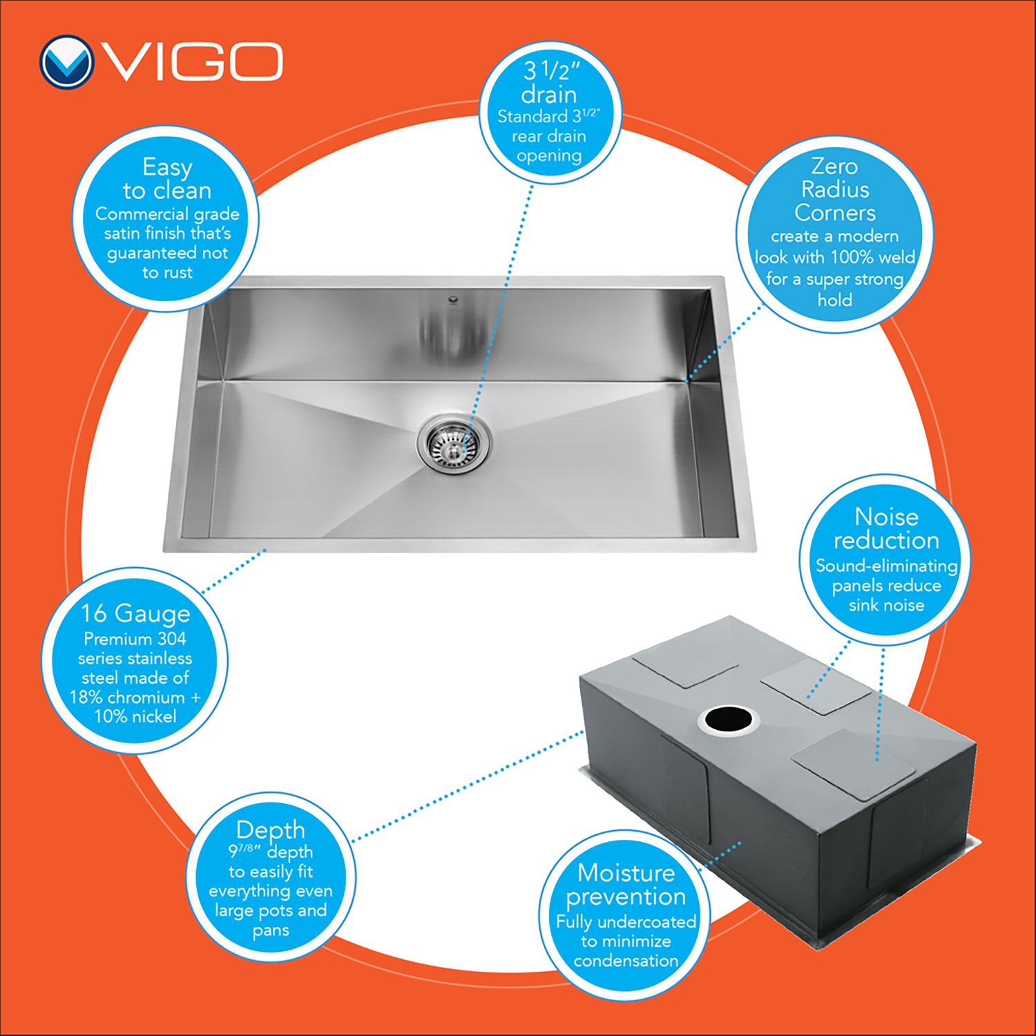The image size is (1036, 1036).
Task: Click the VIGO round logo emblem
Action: [66, 62]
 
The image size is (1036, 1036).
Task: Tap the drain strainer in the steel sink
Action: [454, 443]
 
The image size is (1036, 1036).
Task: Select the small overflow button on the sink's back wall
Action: [453, 300]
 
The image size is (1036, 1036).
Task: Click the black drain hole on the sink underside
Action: [728, 720]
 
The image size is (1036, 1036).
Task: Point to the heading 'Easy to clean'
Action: [167, 178]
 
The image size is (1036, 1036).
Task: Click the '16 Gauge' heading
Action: [135, 613]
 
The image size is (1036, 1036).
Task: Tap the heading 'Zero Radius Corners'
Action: [835, 189]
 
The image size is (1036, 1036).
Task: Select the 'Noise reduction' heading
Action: [887, 528]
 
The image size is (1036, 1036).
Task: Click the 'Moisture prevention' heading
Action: [626, 885]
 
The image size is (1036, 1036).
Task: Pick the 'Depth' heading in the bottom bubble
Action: [271, 829]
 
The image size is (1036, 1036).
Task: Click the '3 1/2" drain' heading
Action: [550, 81]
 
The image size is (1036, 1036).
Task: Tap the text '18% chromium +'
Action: [135, 697]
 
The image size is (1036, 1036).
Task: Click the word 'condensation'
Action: [626, 961]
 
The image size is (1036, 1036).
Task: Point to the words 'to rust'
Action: [167, 272]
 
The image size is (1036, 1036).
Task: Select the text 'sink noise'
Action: [887, 605]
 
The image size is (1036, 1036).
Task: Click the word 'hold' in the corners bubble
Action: [835, 300]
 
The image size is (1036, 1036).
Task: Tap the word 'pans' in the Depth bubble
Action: [271, 931]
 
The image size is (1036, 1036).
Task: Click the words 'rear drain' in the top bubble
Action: [549, 136]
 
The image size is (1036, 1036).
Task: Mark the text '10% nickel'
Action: [135, 716]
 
